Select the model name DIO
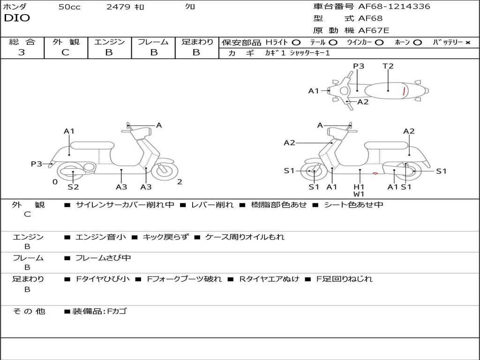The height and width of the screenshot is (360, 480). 17,18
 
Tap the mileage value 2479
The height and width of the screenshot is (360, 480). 119,7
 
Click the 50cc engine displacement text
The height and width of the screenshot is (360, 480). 69,7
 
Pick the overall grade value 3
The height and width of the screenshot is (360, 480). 22,52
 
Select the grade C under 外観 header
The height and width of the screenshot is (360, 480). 65,52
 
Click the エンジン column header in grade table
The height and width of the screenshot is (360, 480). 109,42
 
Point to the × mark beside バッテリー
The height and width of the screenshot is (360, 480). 467,42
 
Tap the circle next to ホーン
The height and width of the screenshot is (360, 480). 417,42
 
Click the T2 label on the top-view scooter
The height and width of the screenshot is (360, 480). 388,66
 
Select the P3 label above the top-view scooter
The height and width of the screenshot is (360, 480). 359,66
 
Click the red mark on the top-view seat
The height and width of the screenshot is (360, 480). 404,91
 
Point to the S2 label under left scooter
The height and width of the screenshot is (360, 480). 73,187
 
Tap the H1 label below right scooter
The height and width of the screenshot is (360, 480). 359,187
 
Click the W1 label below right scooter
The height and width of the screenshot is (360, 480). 359,194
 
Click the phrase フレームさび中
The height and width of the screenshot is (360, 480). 103,258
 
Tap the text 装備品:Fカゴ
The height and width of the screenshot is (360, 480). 99,311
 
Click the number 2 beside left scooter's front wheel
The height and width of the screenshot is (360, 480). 180,182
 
